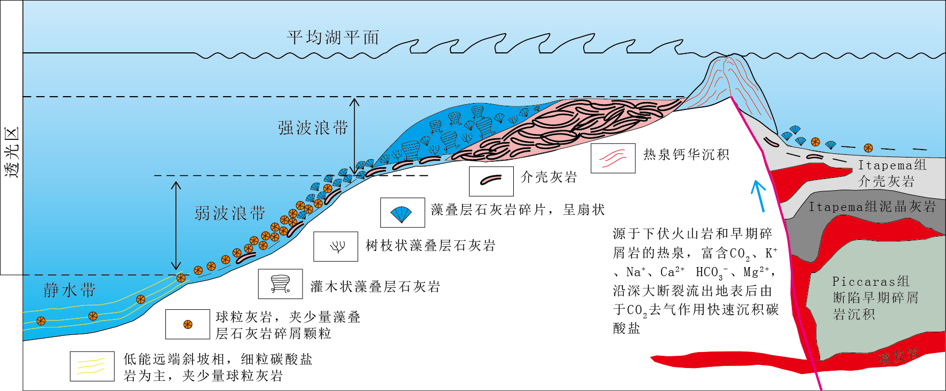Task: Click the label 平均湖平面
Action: (333, 37)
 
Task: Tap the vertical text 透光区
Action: (12, 152)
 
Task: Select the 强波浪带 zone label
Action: (313, 128)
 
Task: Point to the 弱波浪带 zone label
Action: (229, 213)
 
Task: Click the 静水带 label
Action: (69, 291)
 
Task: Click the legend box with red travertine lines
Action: (613, 158)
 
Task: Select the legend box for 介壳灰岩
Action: (491, 181)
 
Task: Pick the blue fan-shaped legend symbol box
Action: (402, 213)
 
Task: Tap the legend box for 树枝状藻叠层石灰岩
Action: (336, 246)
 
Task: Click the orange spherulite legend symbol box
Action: (187, 324)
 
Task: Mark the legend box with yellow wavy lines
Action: (92, 366)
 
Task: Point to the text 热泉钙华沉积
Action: (686, 155)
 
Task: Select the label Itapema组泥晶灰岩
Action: (872, 207)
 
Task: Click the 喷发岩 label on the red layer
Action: (899, 356)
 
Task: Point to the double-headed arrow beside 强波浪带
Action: (354, 136)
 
